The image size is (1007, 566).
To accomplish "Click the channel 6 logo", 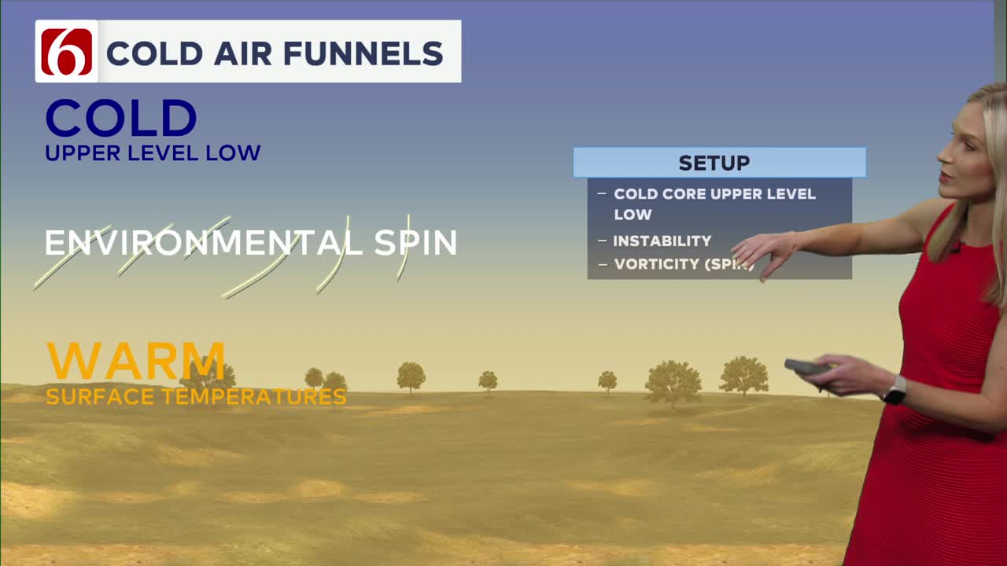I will point(67,52).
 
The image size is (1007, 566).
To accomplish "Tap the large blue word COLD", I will point(120,119).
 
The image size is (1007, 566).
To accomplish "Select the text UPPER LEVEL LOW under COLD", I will point(153,153).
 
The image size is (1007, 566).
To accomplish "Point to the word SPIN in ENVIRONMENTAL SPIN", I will point(415,243).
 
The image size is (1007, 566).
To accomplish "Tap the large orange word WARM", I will point(135,361).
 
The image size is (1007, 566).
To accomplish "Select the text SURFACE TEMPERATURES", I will point(196,397).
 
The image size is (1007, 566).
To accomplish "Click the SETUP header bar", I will point(719,163).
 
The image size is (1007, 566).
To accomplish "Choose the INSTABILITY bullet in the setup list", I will point(662,241).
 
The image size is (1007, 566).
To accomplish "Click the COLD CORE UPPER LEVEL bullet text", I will point(714,194).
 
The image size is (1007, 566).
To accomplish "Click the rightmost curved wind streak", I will point(404,247).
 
